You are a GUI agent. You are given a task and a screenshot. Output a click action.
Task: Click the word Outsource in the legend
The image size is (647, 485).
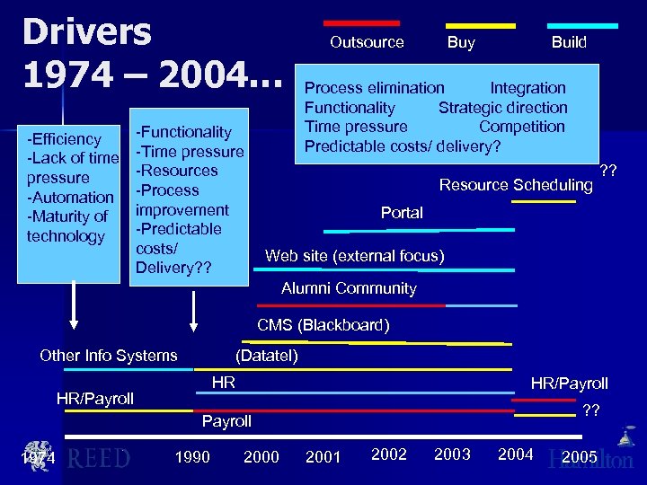click(x=367, y=42)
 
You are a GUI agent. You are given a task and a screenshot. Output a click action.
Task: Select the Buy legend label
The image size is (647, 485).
click(x=461, y=42)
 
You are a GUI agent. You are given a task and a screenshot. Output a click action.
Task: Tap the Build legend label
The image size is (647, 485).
click(x=569, y=42)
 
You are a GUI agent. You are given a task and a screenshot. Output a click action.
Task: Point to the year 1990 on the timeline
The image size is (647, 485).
click(x=192, y=457)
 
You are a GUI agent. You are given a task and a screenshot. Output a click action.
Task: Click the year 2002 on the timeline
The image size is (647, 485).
click(x=389, y=454)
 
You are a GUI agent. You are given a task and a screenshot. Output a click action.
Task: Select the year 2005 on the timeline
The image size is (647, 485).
click(x=580, y=458)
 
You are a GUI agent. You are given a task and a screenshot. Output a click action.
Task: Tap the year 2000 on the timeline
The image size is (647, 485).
click(x=261, y=457)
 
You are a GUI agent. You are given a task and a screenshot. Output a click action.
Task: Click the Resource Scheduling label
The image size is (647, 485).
click(x=516, y=185)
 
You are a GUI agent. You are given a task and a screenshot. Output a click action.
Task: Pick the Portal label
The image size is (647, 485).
click(x=402, y=213)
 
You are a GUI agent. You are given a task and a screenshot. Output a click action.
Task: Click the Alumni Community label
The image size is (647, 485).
click(x=349, y=288)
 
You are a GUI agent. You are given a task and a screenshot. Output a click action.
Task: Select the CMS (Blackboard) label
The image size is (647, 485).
click(x=323, y=325)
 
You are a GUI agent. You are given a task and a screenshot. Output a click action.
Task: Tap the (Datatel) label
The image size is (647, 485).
click(x=267, y=356)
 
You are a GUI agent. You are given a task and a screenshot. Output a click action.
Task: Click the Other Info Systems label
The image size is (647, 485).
click(x=109, y=356)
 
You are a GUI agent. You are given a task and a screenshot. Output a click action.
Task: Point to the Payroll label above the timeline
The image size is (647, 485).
click(x=226, y=421)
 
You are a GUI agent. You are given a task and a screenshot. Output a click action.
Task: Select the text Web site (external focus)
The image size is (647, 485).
click(x=355, y=256)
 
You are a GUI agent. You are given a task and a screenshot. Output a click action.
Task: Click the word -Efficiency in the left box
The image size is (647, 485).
click(x=64, y=139)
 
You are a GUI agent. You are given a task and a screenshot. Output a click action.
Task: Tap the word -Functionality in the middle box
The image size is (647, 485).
click(x=183, y=132)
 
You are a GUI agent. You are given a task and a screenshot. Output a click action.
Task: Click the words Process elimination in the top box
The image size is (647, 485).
click(x=375, y=88)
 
